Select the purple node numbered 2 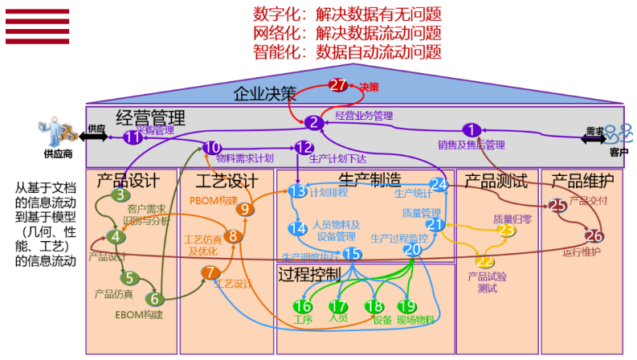313,123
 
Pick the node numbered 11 133,137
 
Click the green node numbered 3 120,194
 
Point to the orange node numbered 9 246,209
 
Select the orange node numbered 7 210,273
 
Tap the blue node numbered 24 438,184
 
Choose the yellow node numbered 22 485,260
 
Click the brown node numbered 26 594,236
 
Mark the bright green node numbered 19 407,306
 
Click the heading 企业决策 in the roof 264,93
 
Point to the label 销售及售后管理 471,145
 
